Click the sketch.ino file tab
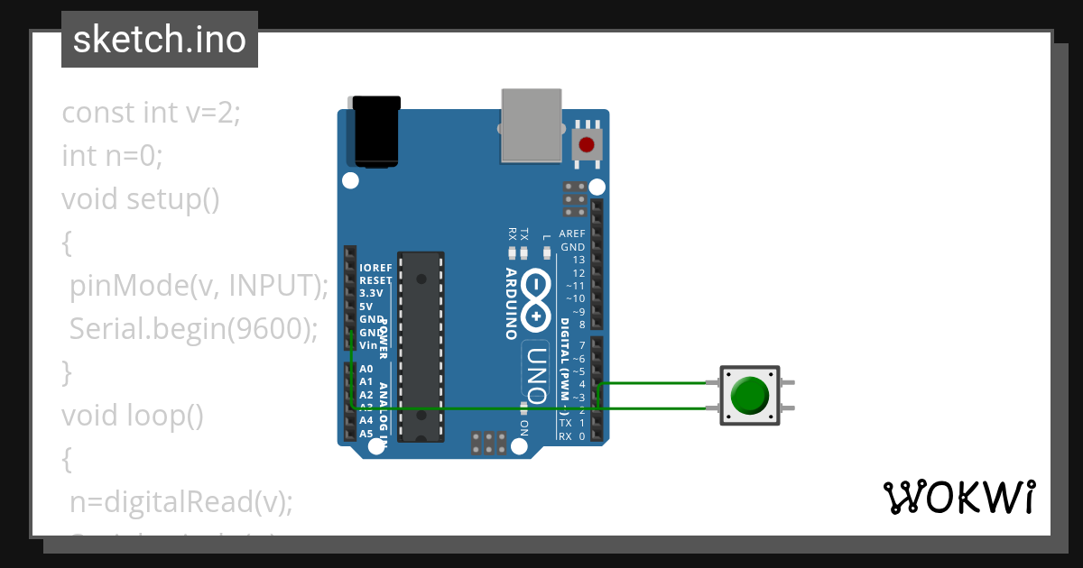[x=160, y=40]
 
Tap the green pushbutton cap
[x=749, y=395]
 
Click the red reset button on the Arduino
[x=587, y=144]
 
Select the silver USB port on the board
[x=531, y=124]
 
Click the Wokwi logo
[x=958, y=497]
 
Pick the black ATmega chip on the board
[x=421, y=347]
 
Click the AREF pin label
[x=572, y=234]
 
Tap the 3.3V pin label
[x=371, y=293]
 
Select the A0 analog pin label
[x=366, y=369]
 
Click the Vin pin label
[x=368, y=344]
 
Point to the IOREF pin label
[x=375, y=268]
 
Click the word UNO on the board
[x=537, y=374]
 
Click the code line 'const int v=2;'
[x=151, y=113]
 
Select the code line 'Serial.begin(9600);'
[x=194, y=329]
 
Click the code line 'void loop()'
[x=133, y=416]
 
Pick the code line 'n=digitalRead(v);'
[x=181, y=501]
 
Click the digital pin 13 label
[x=579, y=260]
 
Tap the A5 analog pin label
[x=366, y=434]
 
